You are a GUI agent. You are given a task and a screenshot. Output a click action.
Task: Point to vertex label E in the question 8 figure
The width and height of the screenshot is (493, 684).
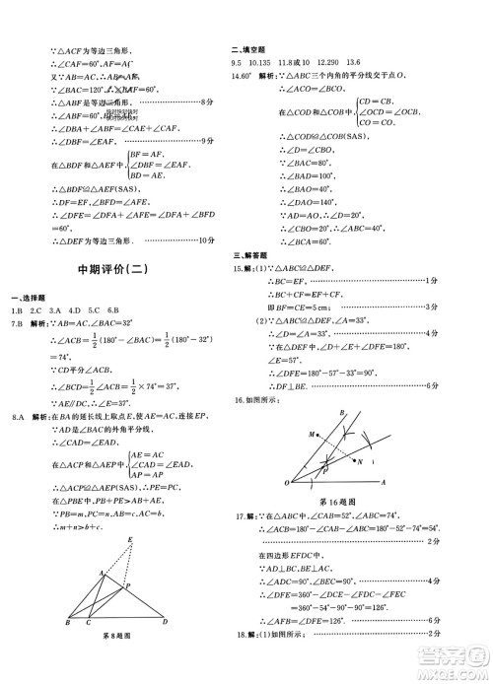coord(131,539)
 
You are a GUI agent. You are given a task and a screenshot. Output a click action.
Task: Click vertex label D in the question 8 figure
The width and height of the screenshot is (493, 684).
coord(164,622)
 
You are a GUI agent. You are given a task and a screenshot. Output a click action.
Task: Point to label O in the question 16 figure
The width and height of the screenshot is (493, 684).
coord(287,483)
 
